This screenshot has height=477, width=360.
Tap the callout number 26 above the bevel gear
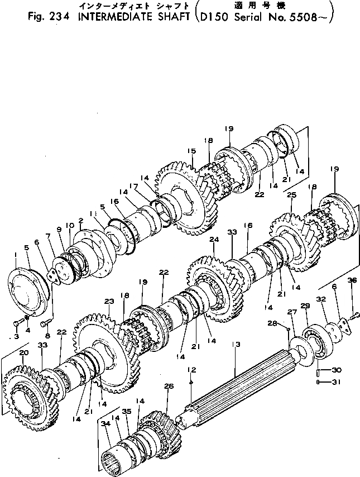tap(169, 386)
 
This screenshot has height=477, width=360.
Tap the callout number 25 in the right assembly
tap(291, 195)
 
